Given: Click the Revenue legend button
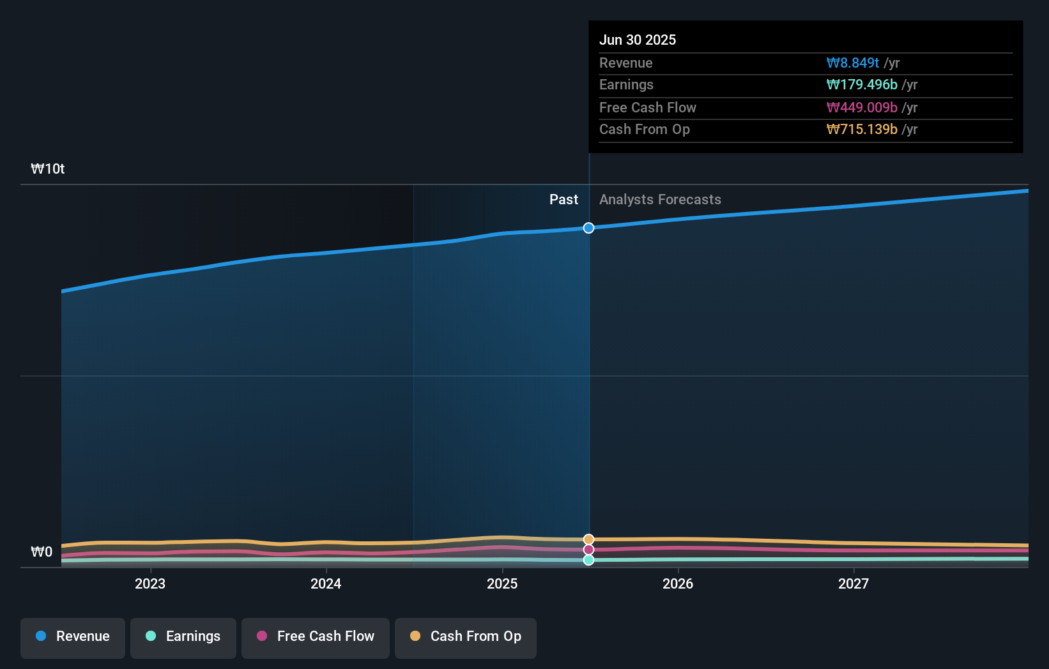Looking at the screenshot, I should pyautogui.click(x=73, y=637).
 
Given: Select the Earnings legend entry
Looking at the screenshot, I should pyautogui.click(x=183, y=637).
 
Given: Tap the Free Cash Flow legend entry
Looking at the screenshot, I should pyautogui.click(x=316, y=637).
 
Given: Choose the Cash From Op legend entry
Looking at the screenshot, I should pyautogui.click(x=466, y=637).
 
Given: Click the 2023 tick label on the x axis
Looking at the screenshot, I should pyautogui.click(x=150, y=583).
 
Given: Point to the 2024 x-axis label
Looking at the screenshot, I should pyautogui.click(x=326, y=583).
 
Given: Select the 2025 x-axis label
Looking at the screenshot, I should pyautogui.click(x=502, y=583).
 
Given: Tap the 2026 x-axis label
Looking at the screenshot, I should pyautogui.click(x=678, y=583).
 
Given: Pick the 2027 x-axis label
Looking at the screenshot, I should pyautogui.click(x=854, y=583).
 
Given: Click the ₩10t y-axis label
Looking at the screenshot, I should pyautogui.click(x=48, y=169).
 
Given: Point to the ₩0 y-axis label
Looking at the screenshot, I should pyautogui.click(x=42, y=552).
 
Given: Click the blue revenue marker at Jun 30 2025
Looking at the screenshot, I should pyautogui.click(x=589, y=228).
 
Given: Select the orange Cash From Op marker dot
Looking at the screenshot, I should pyautogui.click(x=589, y=539).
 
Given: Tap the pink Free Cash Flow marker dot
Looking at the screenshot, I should pyautogui.click(x=589, y=550).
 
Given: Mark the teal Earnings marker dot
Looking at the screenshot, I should pyautogui.click(x=589, y=560).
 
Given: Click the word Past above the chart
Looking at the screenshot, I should pyautogui.click(x=563, y=200).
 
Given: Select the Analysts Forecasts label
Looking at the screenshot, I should pyautogui.click(x=660, y=200).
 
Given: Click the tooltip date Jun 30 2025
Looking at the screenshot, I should pyautogui.click(x=638, y=40).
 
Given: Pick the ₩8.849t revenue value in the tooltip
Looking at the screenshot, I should pyautogui.click(x=853, y=63).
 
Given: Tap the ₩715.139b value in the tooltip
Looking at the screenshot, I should pyautogui.click(x=862, y=130).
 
